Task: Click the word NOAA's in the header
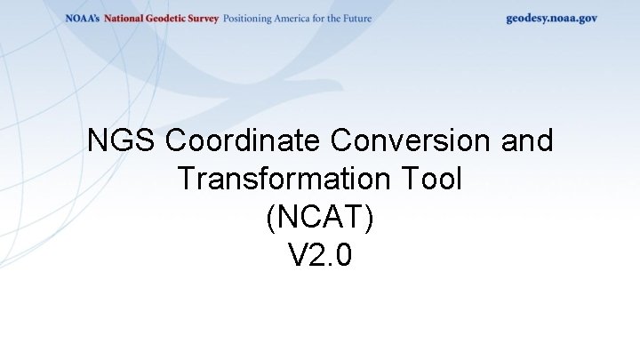coord(83,19)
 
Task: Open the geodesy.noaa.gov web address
coord(552,19)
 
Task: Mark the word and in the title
coord(526,140)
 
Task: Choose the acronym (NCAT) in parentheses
coord(320,219)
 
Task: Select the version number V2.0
coord(320,257)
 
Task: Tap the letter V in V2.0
coord(298,257)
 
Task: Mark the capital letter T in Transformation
coord(185,180)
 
